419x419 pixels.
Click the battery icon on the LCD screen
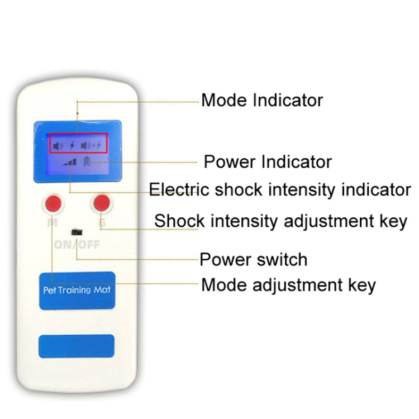pyautogui.click(x=87, y=161)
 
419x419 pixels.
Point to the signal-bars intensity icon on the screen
pyautogui.click(x=70, y=161)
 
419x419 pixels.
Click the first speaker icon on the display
pyautogui.click(x=59, y=146)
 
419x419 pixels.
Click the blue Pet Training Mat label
pyautogui.click(x=77, y=291)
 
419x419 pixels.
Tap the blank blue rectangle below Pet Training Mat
pyautogui.click(x=76, y=346)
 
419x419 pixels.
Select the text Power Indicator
pyautogui.click(x=268, y=162)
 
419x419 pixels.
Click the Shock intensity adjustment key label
pyautogui.click(x=280, y=221)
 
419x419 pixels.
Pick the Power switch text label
pyautogui.click(x=254, y=260)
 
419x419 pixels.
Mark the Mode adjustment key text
pyautogui.click(x=288, y=285)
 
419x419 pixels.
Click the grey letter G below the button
pyautogui.click(x=102, y=222)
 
